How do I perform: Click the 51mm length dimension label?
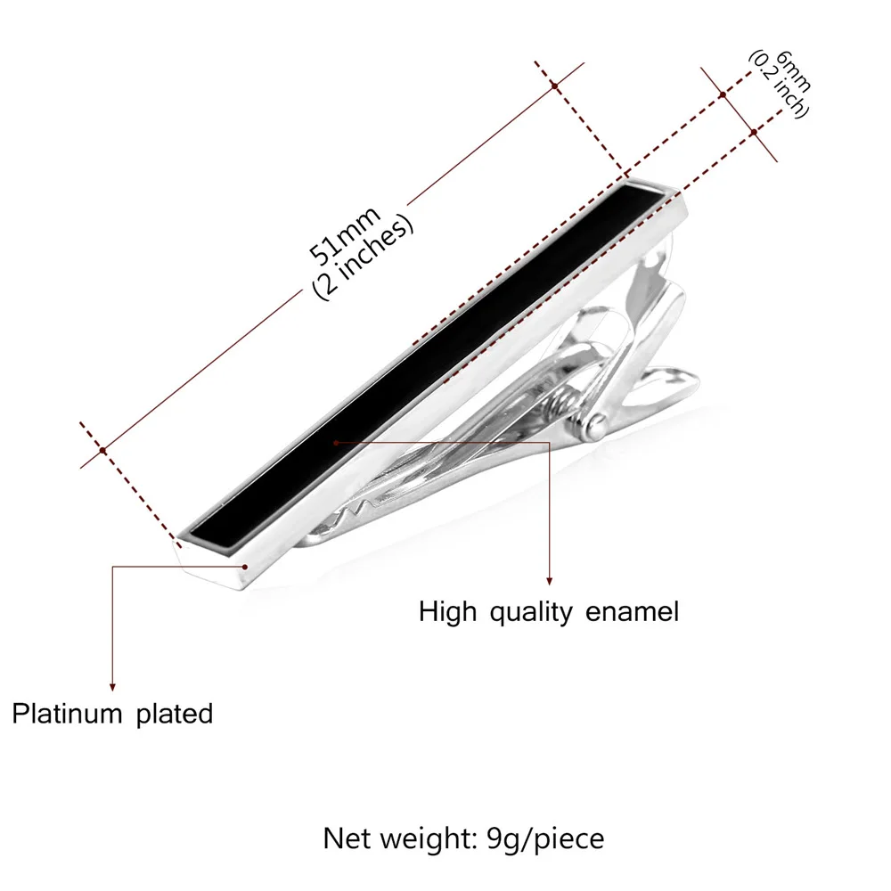344,235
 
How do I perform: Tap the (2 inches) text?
364,257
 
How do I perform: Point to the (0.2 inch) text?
779,84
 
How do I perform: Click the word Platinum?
67,714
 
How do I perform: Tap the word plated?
175,714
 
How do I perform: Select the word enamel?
632,612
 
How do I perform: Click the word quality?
531,613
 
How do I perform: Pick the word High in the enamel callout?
448,613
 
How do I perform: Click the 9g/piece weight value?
545,839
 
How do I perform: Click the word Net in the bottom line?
347,838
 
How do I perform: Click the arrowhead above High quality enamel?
549,580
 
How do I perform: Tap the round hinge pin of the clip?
595,426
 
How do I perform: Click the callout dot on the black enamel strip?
337,442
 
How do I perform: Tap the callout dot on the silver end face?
245,567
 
